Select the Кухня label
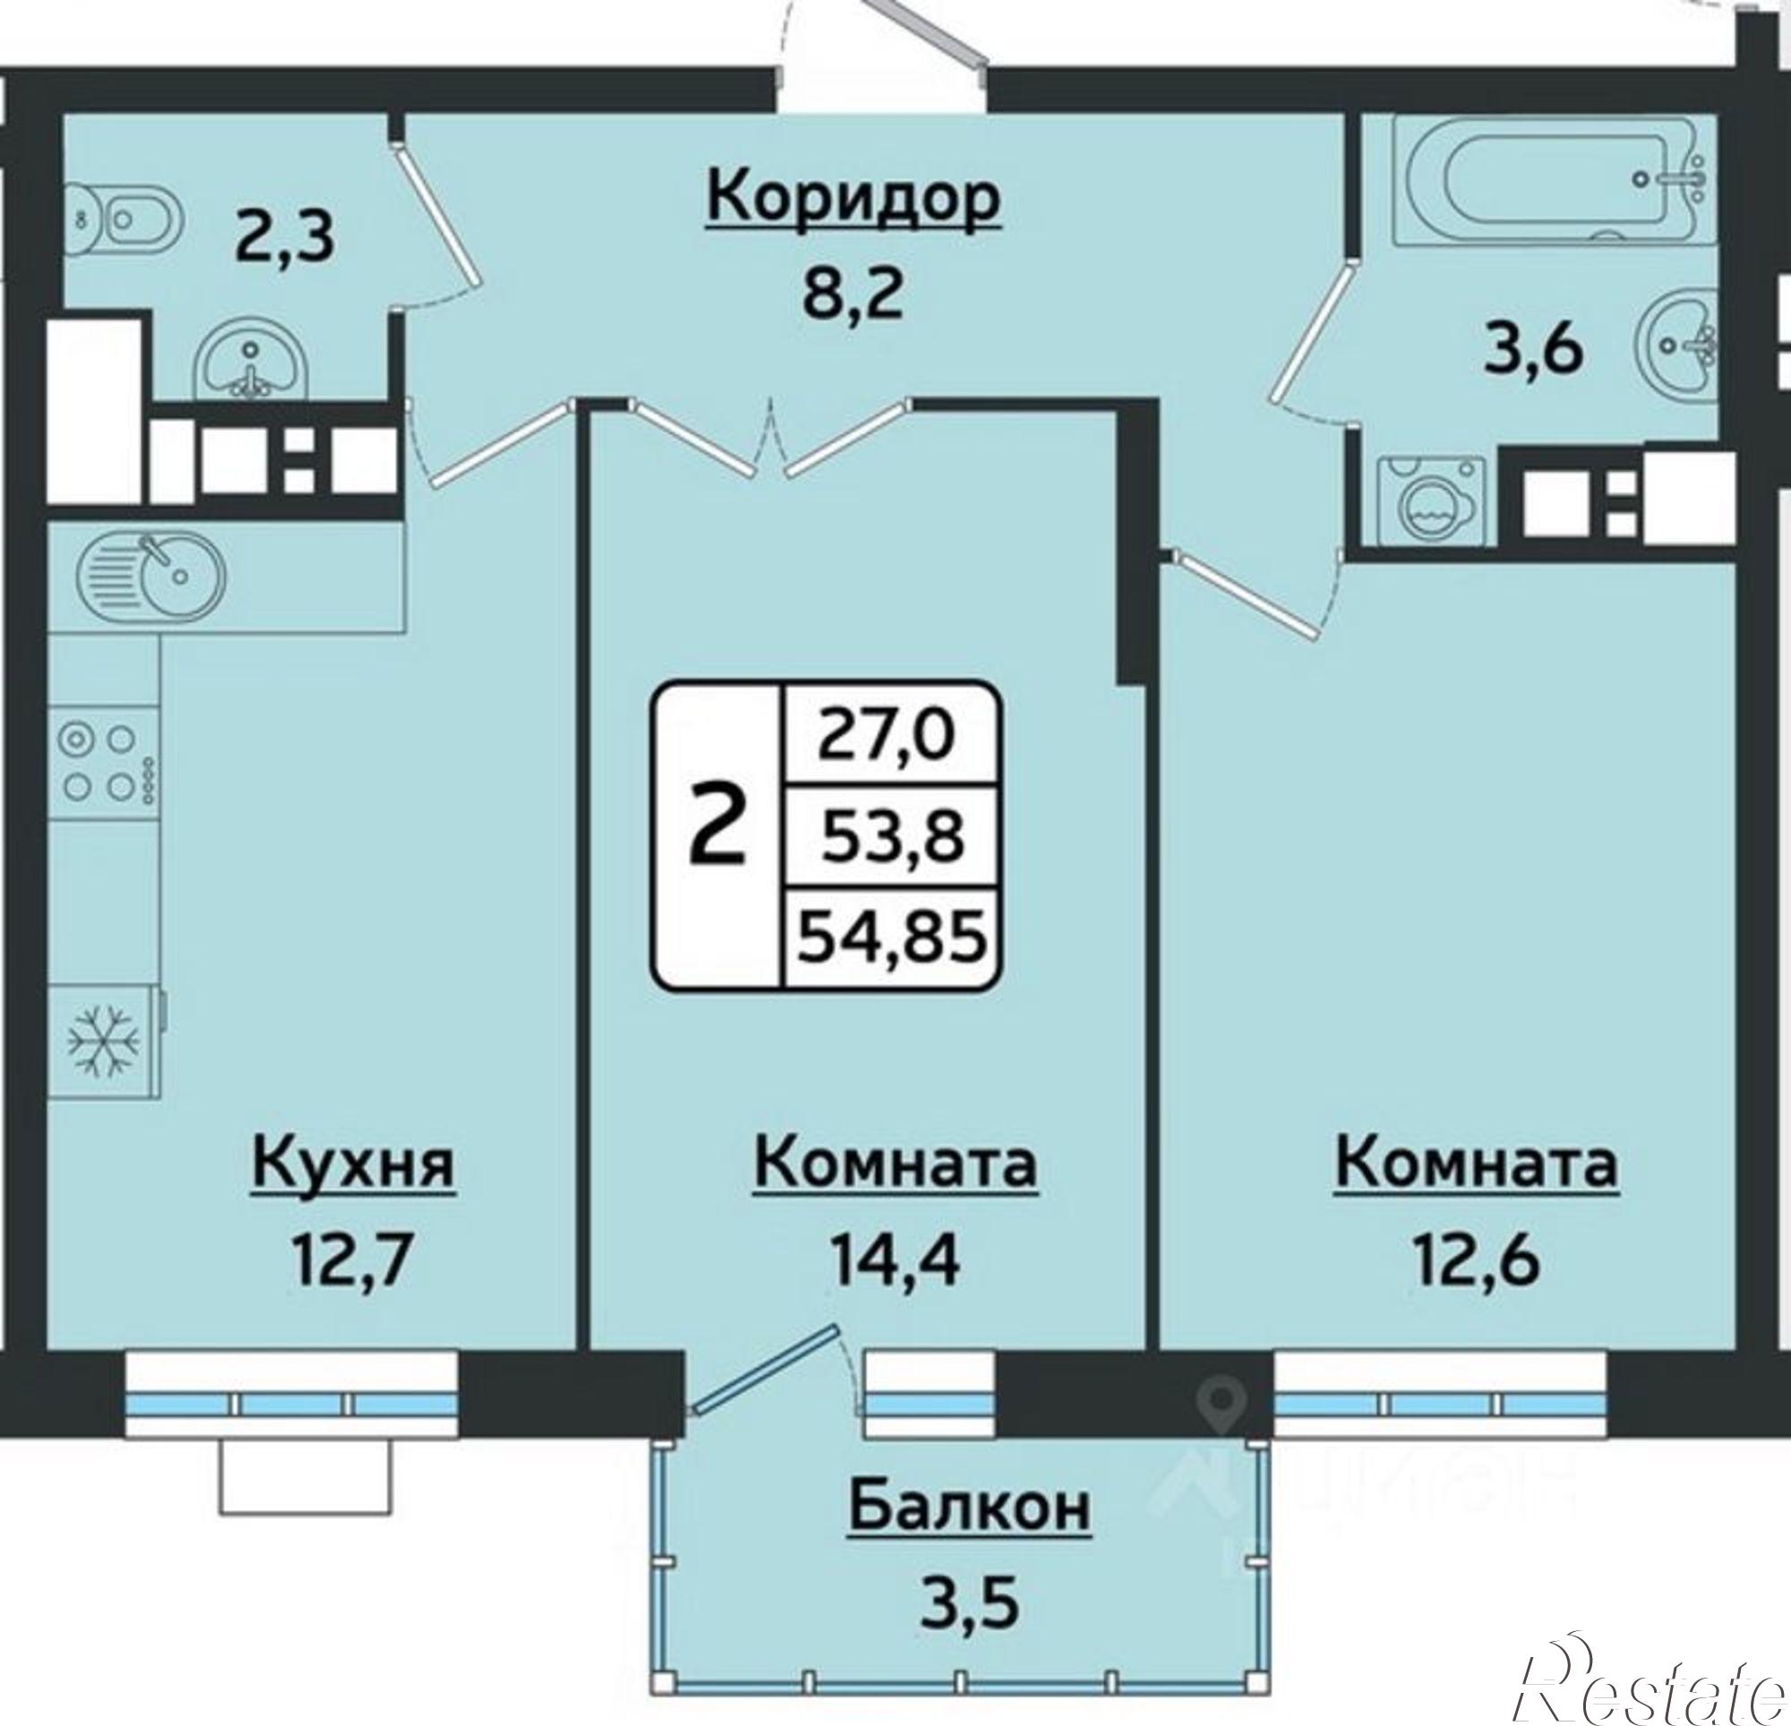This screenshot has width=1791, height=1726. [353, 1165]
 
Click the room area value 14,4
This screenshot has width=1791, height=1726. [895, 1260]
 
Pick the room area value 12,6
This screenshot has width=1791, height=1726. [1477, 1260]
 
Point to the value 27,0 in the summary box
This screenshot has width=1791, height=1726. [886, 736]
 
